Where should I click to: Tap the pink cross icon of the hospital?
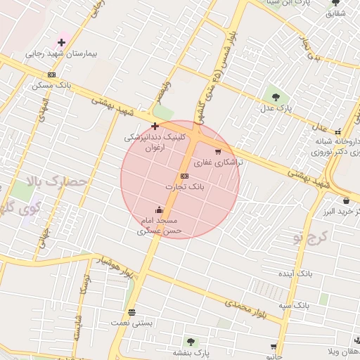(x=62, y=42)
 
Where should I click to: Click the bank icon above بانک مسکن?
(x=51, y=75)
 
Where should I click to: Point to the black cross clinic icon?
(x=155, y=126)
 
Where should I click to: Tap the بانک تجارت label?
(x=184, y=187)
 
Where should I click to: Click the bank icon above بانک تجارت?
(x=184, y=176)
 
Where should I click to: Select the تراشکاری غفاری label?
(x=218, y=162)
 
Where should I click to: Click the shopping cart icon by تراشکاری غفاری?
(x=218, y=151)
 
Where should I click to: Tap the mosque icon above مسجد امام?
(x=160, y=210)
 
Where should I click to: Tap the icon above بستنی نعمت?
(x=131, y=312)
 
